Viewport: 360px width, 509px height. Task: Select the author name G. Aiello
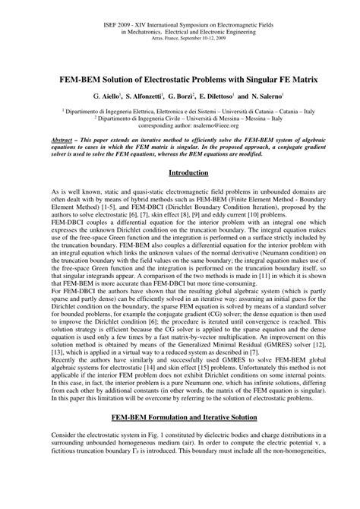click(x=106, y=99)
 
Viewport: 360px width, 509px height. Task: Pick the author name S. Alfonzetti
click(x=145, y=99)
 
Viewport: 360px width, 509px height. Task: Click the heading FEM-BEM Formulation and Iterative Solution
click(x=179, y=438)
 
